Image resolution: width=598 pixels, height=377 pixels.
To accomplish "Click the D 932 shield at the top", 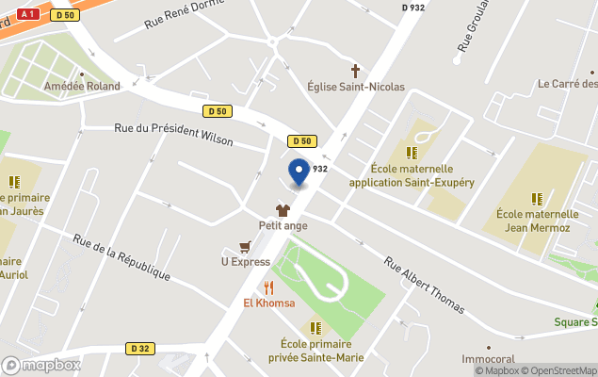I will [412, 7].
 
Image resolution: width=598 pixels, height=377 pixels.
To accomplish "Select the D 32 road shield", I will [138, 349].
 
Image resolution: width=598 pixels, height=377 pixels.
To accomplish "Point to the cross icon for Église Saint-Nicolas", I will [356, 71].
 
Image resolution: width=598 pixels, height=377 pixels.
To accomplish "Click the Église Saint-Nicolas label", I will [356, 87].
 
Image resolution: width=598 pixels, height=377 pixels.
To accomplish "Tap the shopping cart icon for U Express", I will [246, 247].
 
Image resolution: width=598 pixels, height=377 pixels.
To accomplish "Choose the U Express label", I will [245, 262].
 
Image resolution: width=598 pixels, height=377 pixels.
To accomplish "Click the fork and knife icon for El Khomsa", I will [268, 287].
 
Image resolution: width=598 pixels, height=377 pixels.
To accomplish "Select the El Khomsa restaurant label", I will [269, 303].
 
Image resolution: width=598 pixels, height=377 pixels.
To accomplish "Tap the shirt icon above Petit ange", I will [283, 210].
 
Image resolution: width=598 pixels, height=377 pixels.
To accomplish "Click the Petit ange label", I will [283, 225].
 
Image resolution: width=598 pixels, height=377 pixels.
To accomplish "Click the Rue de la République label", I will [121, 256].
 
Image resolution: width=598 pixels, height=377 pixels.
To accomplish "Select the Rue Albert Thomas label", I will [424, 284].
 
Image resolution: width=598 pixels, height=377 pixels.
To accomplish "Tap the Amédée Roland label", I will [83, 86].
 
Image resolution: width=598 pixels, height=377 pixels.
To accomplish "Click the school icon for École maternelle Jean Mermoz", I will [537, 199].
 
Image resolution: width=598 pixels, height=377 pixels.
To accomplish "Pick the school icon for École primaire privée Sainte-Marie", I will [315, 328].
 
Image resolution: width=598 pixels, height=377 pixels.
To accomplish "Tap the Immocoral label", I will [489, 359].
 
